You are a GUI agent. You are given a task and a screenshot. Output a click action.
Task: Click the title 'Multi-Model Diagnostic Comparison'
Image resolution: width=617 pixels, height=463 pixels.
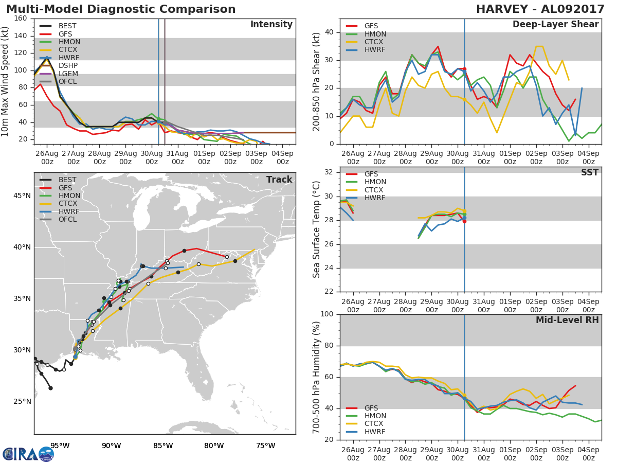click(x=121, y=9)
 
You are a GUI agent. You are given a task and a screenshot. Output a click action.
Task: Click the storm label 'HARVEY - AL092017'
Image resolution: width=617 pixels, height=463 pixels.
click(x=540, y=9)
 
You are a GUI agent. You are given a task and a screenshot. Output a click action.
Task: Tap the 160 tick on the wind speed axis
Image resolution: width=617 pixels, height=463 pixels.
click(x=21, y=19)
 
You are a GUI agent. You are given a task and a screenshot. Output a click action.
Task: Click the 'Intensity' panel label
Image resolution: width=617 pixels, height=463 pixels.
click(x=271, y=25)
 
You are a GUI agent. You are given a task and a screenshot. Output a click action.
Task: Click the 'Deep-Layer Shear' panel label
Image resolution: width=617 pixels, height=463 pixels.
click(x=555, y=25)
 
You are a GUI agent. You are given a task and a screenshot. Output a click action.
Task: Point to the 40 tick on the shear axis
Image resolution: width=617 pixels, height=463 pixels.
click(x=329, y=32)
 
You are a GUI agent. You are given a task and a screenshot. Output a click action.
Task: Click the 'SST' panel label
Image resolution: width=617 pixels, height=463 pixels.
click(x=590, y=172)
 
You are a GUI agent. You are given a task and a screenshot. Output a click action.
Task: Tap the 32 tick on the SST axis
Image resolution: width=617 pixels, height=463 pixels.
click(x=329, y=172)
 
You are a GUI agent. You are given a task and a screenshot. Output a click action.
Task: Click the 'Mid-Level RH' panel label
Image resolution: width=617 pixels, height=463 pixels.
click(x=567, y=320)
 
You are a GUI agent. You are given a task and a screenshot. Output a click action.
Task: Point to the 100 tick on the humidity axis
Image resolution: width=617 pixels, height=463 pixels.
click(x=327, y=314)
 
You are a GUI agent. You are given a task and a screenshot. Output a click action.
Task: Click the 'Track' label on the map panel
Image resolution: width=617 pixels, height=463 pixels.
click(x=279, y=180)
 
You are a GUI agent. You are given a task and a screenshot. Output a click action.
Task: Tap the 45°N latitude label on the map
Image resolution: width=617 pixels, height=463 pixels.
click(x=22, y=195)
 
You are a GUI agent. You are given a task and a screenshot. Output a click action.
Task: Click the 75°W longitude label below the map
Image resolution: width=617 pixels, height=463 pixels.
click(x=266, y=446)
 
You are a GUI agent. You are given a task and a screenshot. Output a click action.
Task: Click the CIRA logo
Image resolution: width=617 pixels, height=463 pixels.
click(x=28, y=454)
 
